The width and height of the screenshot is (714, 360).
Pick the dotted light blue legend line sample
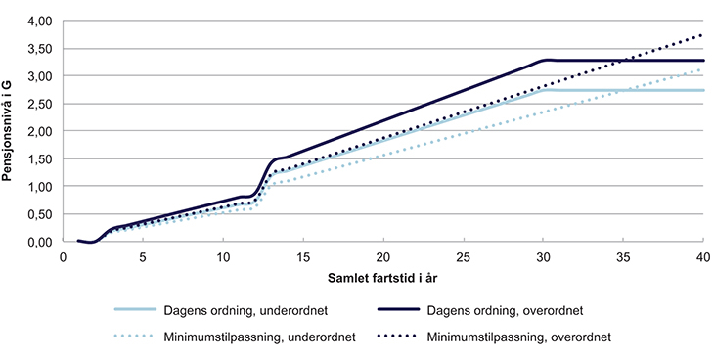point(126,337)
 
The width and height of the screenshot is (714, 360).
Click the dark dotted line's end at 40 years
point(703,35)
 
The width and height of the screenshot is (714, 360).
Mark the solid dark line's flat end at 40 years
point(703,61)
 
